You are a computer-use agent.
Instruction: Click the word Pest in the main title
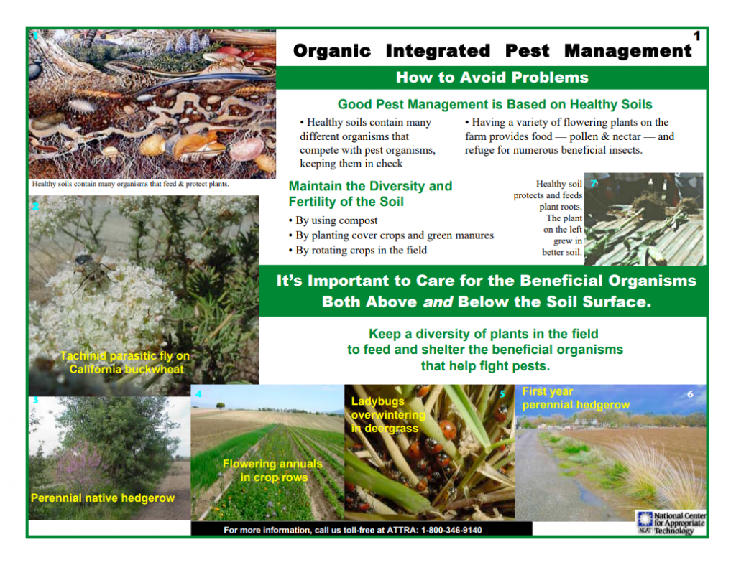click(527, 51)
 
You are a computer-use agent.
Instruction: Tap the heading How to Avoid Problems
click(492, 78)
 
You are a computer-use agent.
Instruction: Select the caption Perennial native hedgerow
click(103, 498)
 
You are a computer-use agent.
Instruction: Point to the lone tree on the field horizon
click(220, 405)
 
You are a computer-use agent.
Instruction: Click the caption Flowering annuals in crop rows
click(272, 470)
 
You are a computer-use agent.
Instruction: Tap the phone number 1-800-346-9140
click(451, 530)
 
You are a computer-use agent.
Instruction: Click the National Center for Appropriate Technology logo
click(671, 523)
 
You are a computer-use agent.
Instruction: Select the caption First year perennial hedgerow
click(576, 398)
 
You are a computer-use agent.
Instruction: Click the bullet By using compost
click(333, 220)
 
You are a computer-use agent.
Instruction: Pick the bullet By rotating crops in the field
click(358, 251)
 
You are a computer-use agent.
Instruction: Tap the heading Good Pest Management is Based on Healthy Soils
click(494, 104)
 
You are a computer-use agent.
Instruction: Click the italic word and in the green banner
click(438, 302)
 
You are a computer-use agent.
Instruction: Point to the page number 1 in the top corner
click(696, 36)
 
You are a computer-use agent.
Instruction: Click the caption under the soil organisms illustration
click(131, 184)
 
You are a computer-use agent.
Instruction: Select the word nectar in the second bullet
click(626, 136)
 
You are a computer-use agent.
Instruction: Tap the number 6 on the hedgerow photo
click(690, 394)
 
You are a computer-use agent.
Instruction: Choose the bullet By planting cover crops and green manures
click(391, 235)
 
